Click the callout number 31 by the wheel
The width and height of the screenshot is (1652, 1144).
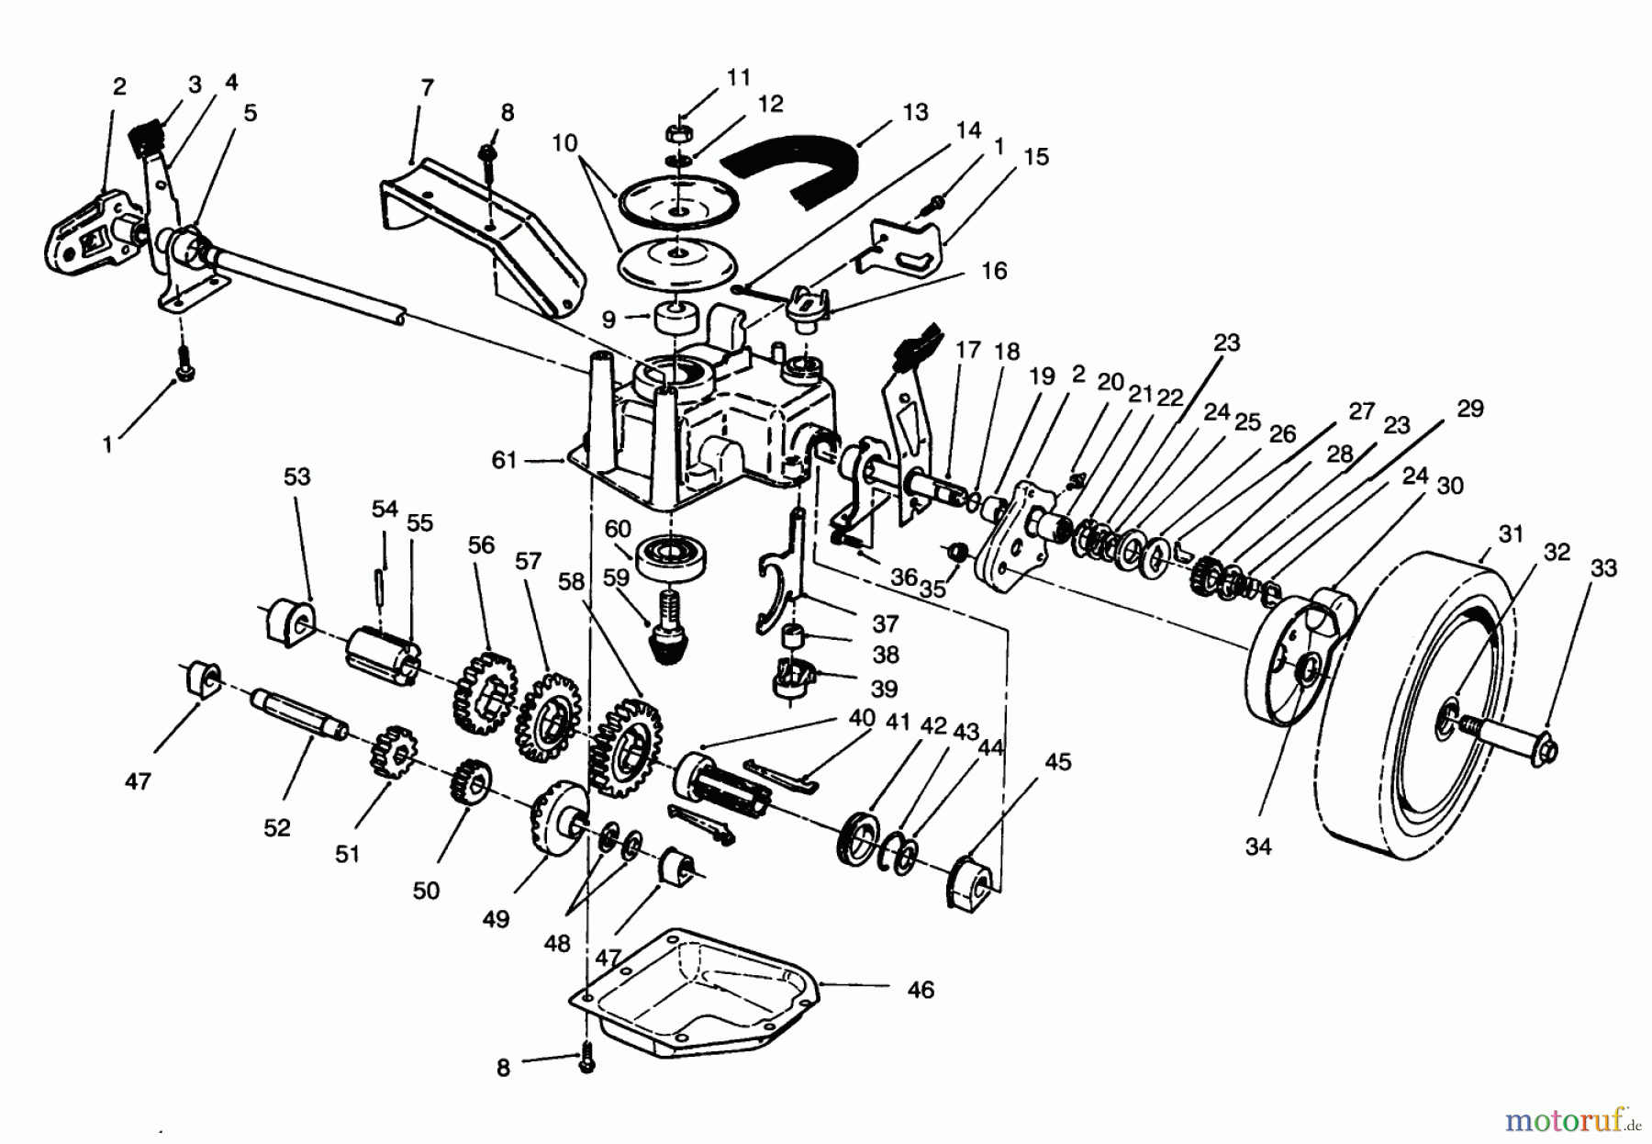tap(1511, 533)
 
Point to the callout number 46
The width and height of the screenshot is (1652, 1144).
tap(920, 990)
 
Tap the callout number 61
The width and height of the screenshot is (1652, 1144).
tap(504, 460)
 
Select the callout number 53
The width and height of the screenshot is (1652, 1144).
tap(296, 477)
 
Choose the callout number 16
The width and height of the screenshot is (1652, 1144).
tap(994, 271)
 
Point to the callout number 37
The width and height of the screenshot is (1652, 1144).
tap(885, 624)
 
